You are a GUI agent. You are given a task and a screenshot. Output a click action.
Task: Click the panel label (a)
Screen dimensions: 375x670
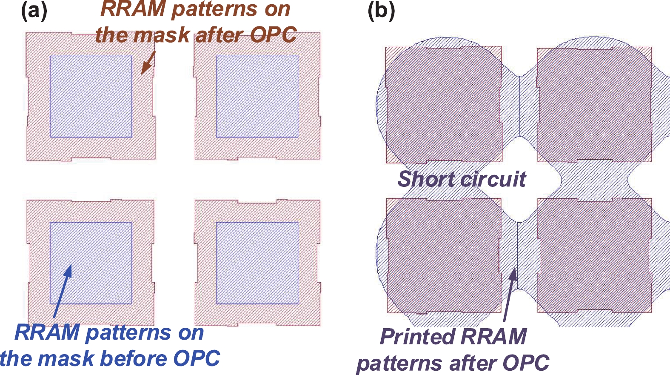[x=34, y=11]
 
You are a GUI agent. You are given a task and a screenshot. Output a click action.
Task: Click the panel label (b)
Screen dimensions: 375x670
[x=381, y=11]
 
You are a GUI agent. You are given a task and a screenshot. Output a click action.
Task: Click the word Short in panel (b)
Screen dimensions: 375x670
[x=425, y=179]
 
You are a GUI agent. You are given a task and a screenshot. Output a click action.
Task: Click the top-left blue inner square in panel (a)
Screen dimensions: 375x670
[x=91, y=97]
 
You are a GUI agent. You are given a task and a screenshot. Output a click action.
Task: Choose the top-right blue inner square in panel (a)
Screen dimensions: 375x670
[x=257, y=97]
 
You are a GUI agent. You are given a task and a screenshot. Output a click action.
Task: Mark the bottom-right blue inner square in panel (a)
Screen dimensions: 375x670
[x=257, y=263]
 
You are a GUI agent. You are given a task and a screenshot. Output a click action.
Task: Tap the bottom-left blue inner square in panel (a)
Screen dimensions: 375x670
[x=91, y=263]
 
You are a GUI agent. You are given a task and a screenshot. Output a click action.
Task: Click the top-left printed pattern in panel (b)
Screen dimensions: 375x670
[x=444, y=104]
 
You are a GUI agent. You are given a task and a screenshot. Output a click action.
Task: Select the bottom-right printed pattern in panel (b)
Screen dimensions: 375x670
[x=594, y=255]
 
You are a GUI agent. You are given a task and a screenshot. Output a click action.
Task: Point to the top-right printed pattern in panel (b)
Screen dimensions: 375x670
[x=594, y=104]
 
